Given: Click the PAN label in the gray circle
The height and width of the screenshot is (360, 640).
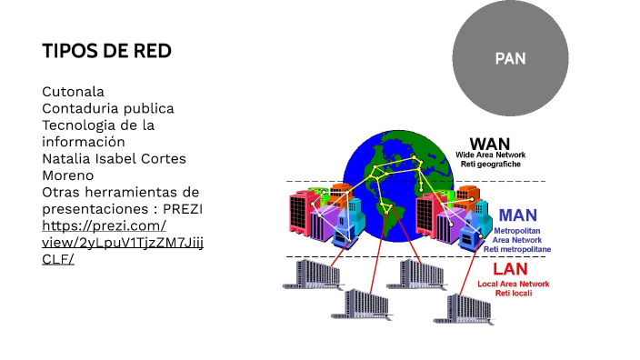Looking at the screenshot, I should (x=510, y=58).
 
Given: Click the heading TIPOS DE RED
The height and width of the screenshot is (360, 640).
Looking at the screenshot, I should (x=106, y=50).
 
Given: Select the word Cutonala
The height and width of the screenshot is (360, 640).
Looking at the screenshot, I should (x=73, y=92).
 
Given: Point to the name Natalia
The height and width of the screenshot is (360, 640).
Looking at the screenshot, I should (x=67, y=158).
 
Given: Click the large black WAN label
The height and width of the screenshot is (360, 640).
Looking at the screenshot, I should (x=489, y=144).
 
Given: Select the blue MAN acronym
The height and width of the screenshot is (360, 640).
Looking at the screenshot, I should (x=517, y=216).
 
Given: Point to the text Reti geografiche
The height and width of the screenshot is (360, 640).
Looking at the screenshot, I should (x=491, y=164).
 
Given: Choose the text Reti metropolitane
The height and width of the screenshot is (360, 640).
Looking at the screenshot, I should (x=516, y=248).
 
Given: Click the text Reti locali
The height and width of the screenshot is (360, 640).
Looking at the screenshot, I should (x=514, y=293).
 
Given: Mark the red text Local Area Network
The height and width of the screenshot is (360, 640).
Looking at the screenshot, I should (x=514, y=284).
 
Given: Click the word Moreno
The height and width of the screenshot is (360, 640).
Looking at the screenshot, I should (x=67, y=175).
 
